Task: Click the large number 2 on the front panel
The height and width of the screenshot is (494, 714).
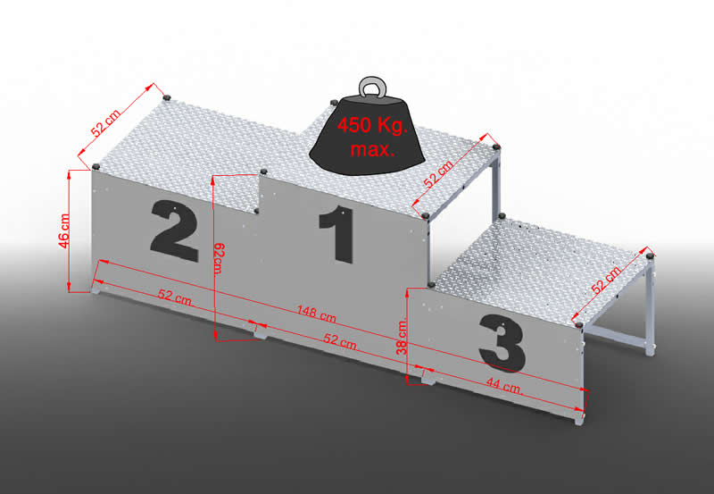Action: click(175, 231)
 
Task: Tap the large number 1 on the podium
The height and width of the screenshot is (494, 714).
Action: click(337, 234)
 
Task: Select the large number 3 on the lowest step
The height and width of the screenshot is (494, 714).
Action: click(502, 343)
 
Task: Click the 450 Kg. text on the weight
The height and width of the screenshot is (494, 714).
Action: click(372, 126)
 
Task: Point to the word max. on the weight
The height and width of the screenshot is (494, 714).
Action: click(372, 149)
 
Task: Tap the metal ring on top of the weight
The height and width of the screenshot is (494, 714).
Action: click(373, 87)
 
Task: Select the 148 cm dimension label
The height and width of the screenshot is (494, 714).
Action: click(317, 314)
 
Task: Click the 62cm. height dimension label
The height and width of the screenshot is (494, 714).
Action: click(219, 258)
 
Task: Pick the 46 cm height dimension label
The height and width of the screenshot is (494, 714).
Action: click(64, 231)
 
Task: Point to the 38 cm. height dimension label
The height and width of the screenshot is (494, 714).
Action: click(402, 338)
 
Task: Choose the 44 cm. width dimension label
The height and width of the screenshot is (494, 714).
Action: click(504, 386)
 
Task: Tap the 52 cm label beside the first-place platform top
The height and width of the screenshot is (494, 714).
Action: click(438, 174)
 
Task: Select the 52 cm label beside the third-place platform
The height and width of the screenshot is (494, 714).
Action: click(606, 280)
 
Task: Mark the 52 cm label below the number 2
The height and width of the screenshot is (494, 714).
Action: click(176, 297)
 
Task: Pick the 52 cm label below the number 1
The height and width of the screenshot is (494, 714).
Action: click(341, 341)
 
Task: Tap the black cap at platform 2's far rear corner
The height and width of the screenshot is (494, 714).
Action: click(167, 97)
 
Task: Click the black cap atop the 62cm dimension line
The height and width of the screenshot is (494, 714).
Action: click(263, 172)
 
